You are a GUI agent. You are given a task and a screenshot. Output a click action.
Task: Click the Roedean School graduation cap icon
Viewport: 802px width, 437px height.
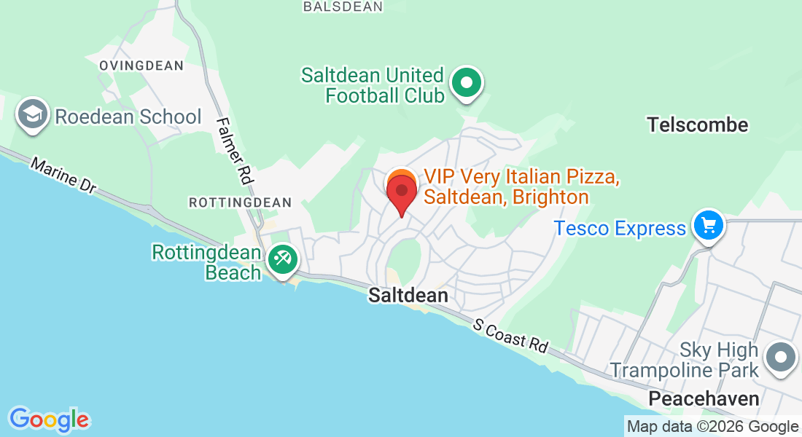[33, 115]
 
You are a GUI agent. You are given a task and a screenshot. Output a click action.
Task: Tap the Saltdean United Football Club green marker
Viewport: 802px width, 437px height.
[467, 82]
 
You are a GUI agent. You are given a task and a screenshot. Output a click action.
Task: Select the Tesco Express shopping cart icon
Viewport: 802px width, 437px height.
[708, 225]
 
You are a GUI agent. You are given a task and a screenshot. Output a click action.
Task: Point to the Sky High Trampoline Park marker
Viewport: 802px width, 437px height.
[781, 358]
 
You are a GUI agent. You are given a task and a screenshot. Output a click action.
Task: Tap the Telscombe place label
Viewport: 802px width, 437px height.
[698, 125]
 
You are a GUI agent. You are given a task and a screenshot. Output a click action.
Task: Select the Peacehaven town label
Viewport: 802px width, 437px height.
[704, 398]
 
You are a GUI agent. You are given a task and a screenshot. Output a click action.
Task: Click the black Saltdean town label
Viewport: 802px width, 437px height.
[408, 296]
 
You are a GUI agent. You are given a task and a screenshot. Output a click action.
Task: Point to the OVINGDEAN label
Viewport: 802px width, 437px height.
[141, 66]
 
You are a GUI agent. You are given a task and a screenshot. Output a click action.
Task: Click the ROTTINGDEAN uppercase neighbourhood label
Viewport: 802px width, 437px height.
[240, 202]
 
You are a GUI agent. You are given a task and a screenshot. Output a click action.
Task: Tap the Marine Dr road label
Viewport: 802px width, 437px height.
[63, 176]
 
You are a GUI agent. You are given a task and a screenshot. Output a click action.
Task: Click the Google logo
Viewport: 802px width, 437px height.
[49, 419]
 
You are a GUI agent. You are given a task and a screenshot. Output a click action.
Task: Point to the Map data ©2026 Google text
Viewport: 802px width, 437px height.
[713, 427]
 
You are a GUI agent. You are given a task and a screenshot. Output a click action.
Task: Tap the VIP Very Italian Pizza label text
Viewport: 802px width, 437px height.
[522, 186]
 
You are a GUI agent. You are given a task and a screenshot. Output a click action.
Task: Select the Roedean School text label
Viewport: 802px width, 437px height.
[128, 117]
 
